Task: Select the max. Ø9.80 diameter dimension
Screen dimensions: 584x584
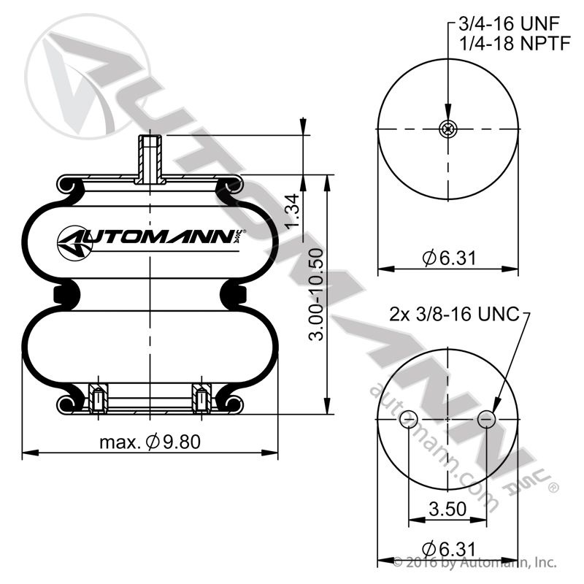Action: pyautogui.click(x=150, y=442)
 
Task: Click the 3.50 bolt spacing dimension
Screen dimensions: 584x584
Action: pyautogui.click(x=446, y=509)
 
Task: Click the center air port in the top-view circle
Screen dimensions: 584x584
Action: pyautogui.click(x=447, y=130)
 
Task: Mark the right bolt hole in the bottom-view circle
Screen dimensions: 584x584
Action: pyautogui.click(x=486, y=419)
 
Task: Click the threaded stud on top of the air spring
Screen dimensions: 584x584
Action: pyautogui.click(x=149, y=158)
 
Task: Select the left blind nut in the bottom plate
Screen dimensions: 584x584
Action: pyautogui.click(x=98, y=399)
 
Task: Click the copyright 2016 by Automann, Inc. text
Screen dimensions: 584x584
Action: pyautogui.click(x=474, y=563)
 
